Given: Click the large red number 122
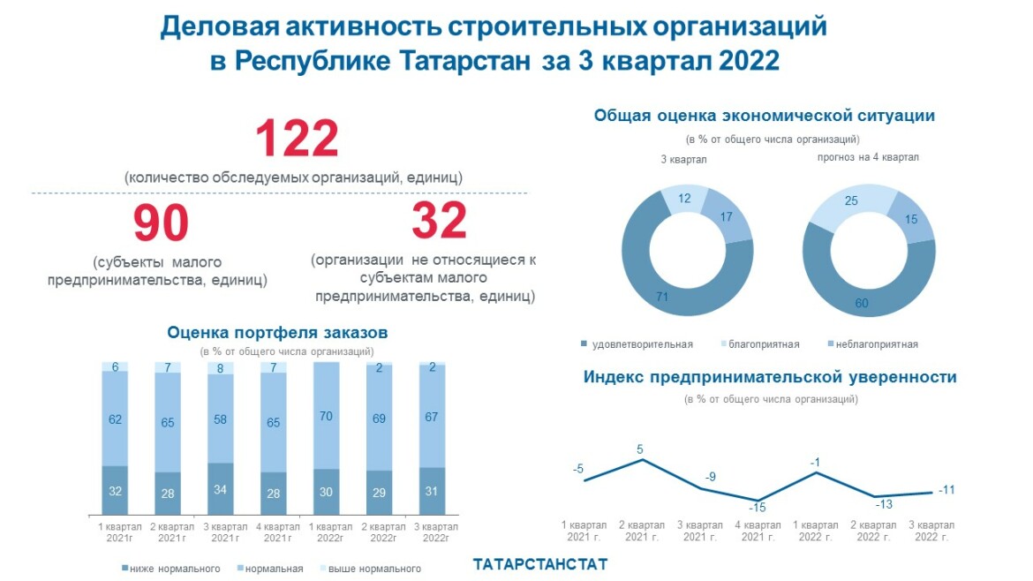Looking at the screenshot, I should (x=297, y=140).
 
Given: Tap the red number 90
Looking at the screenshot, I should (x=161, y=223).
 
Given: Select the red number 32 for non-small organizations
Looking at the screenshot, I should (x=439, y=221).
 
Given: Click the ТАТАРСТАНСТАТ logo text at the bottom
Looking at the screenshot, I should (x=540, y=563).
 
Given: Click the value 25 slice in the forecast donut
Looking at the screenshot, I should (x=851, y=201).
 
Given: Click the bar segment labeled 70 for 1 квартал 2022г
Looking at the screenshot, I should (x=327, y=416).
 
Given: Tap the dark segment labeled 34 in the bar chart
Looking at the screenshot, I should (x=221, y=490).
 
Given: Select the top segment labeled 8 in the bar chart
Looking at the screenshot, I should (x=221, y=368).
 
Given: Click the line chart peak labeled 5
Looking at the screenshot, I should (x=640, y=449).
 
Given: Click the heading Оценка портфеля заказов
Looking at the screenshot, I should (x=277, y=333).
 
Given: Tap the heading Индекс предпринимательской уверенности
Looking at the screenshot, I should (x=770, y=377).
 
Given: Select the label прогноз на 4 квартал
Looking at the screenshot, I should (x=869, y=157).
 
